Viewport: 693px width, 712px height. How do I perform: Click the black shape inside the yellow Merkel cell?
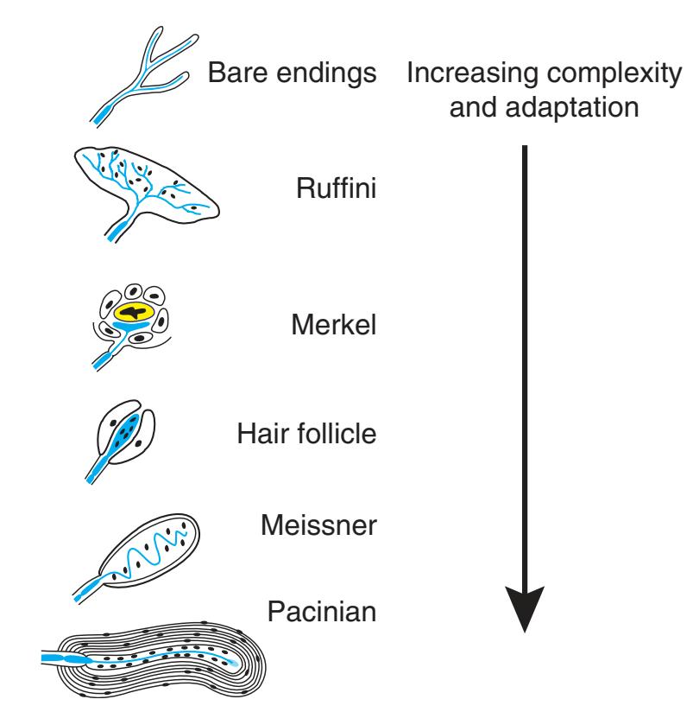coord(133,312)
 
